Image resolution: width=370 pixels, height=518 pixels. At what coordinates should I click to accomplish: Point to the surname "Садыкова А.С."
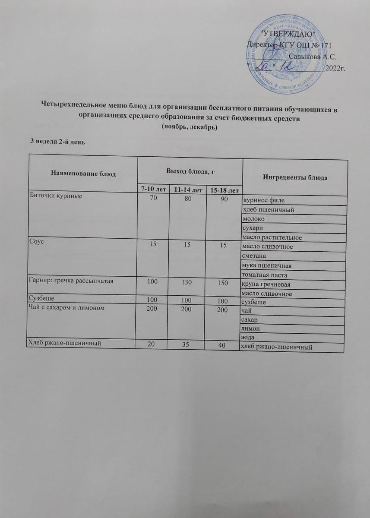pyautogui.click(x=312, y=56)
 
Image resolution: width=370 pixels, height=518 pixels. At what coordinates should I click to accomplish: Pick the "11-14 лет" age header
pyautogui.click(x=187, y=190)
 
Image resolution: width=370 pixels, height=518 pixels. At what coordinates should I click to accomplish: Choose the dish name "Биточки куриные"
pyautogui.click(x=56, y=196)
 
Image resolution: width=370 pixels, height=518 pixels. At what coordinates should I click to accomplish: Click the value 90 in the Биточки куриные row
pyautogui.click(x=223, y=199)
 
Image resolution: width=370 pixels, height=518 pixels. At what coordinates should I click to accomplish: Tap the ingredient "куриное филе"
pyautogui.click(x=263, y=200)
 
